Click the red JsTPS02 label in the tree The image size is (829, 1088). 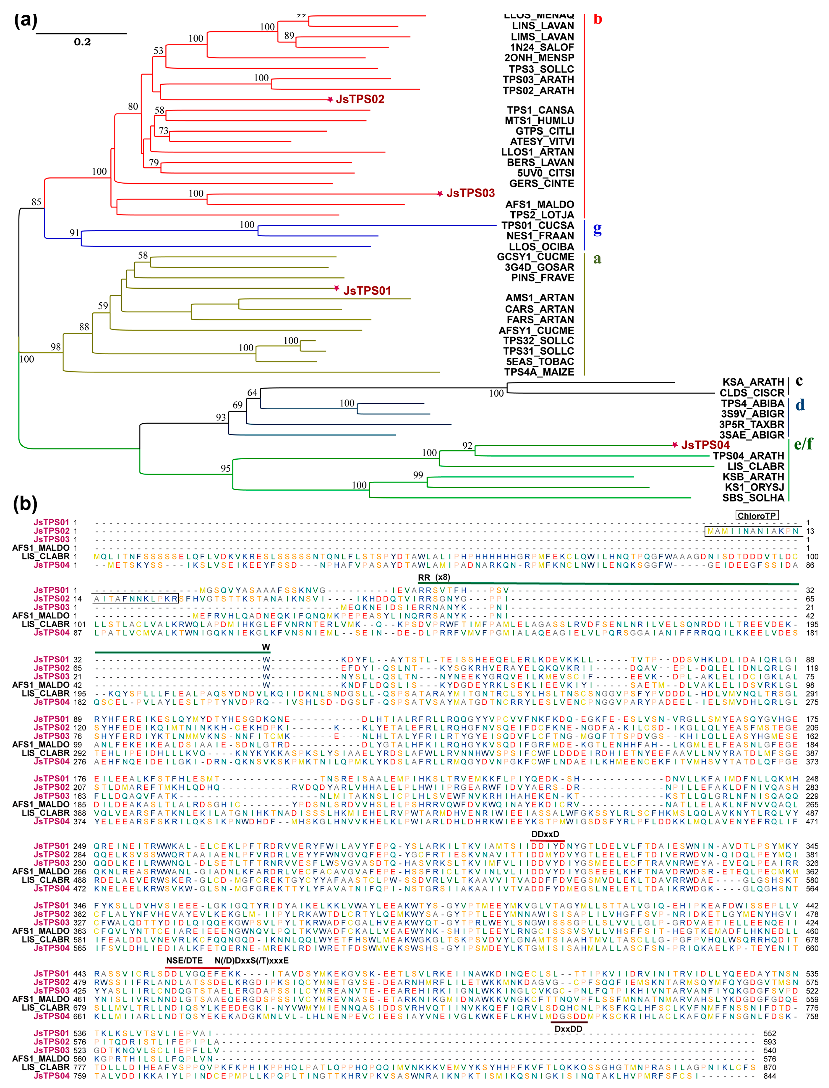(x=360, y=99)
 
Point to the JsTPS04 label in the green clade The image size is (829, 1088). (x=705, y=445)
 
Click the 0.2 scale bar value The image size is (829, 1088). (x=82, y=42)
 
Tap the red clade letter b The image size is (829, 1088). (x=598, y=20)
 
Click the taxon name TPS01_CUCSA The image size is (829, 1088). (x=537, y=225)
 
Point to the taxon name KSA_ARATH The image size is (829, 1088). (x=753, y=382)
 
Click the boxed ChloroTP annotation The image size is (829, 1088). (x=756, y=516)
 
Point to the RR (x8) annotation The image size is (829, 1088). (x=434, y=578)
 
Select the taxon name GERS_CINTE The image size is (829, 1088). (x=541, y=184)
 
